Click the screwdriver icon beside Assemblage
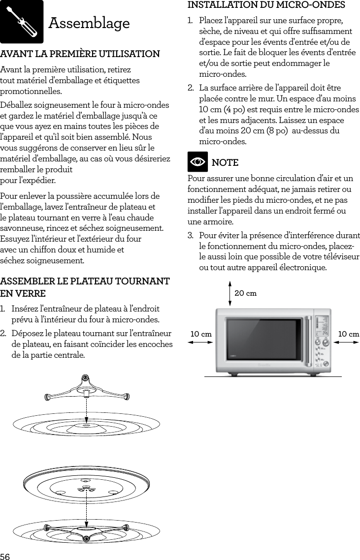[21, 22]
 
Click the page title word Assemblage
[89, 23]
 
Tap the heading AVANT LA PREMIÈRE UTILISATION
[80, 54]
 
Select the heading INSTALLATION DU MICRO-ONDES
[266, 5]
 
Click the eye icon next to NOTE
[197, 162]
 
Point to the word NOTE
[225, 163]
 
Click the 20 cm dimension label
[245, 293]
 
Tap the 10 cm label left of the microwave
[200, 334]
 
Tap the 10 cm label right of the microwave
[349, 334]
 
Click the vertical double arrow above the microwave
[229, 293]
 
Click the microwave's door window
[263, 339]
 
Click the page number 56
[5, 556]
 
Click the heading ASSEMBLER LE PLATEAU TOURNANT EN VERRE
[85, 287]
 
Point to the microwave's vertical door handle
[309, 340]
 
